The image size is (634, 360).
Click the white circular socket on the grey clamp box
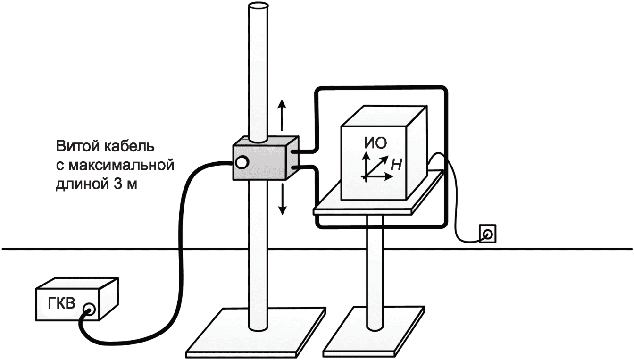(x=242, y=162)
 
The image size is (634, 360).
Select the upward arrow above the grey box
(x=282, y=115)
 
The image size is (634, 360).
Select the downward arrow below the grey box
(x=282, y=199)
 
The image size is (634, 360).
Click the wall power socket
(x=487, y=233)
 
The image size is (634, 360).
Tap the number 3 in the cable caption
(x=117, y=185)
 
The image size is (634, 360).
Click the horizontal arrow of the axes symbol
(x=380, y=177)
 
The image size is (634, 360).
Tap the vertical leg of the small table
(x=375, y=269)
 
